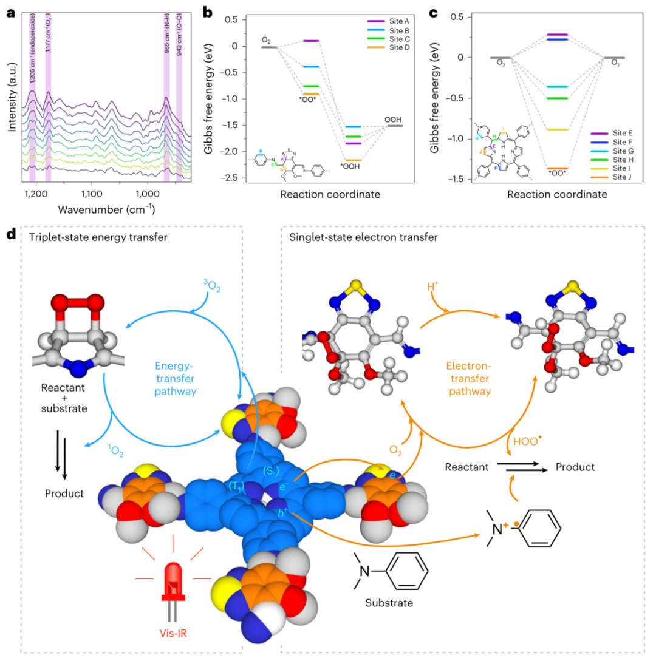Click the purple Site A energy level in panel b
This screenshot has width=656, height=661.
point(311,41)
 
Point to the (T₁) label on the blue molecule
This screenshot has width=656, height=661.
point(236,484)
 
